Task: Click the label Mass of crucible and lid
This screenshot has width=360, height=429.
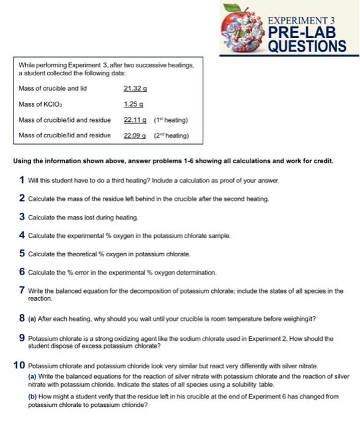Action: pyautogui.click(x=53, y=88)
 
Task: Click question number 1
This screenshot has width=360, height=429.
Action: pyautogui.click(x=21, y=180)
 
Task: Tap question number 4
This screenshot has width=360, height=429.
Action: pyautogui.click(x=21, y=235)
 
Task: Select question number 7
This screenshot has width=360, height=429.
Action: pyautogui.click(x=21, y=290)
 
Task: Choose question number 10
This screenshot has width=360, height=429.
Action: pyautogui.click(x=19, y=365)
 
